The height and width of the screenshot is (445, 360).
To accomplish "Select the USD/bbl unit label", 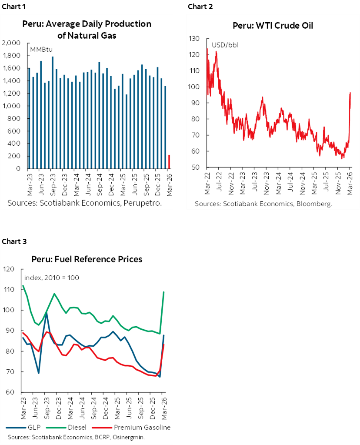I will point(225,45).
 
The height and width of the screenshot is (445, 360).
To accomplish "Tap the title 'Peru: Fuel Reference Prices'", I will point(87,259).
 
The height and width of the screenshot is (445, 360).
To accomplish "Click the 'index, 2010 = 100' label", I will point(51,278).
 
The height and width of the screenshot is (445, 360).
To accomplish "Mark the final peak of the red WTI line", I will point(350,93).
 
